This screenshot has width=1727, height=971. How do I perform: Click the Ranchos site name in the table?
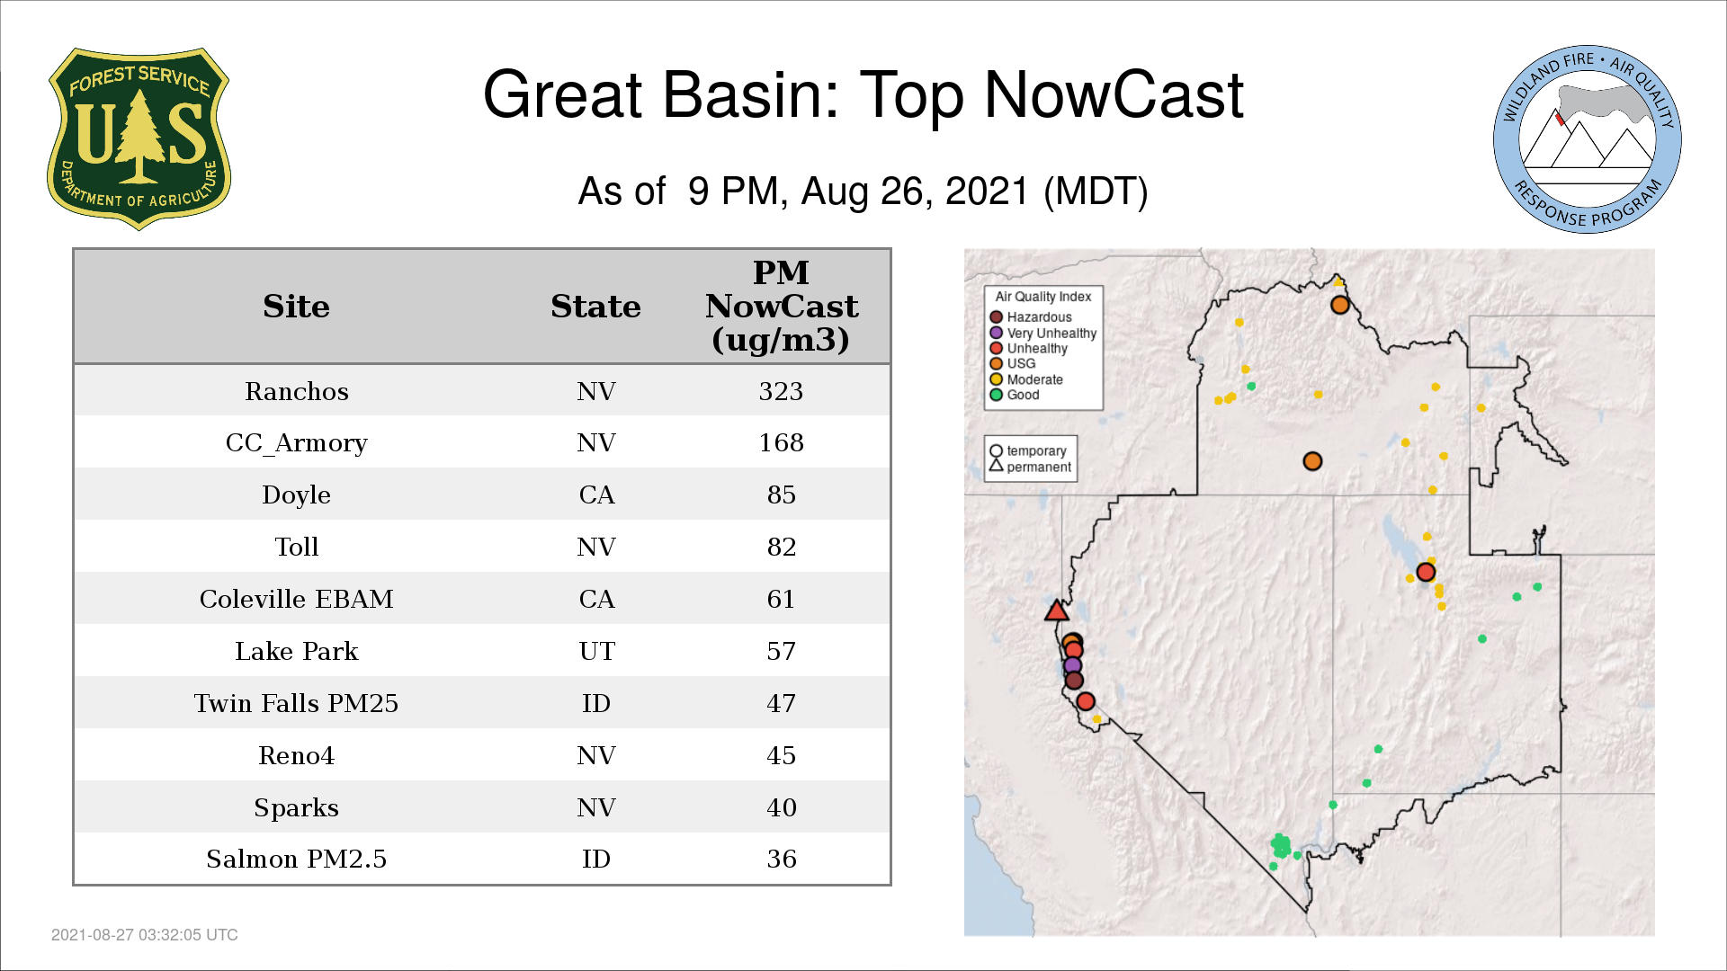(x=296, y=391)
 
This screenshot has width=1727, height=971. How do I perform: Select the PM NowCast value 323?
(x=781, y=391)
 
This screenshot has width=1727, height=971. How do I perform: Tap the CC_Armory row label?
(x=296, y=443)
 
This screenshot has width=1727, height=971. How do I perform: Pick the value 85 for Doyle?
(x=781, y=494)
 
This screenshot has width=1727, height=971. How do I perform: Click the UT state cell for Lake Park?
(x=596, y=651)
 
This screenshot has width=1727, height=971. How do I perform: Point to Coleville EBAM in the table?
(x=296, y=599)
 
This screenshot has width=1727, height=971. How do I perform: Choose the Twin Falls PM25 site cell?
(x=296, y=703)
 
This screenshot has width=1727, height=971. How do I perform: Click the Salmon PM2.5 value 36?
(x=781, y=859)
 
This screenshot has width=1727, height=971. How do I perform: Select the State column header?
(x=595, y=307)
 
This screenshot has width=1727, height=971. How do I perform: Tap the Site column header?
(x=296, y=307)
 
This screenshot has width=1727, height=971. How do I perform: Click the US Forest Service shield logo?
(x=139, y=139)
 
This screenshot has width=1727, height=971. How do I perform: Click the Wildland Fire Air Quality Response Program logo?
(x=1588, y=139)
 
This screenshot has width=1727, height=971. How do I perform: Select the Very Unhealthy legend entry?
(x=1043, y=333)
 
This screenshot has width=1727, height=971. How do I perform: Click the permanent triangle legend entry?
(x=1030, y=467)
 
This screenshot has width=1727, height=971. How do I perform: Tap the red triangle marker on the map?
(x=1057, y=611)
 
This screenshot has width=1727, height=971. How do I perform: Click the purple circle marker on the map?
(x=1072, y=666)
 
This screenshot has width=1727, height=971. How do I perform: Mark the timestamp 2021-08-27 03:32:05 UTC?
(x=145, y=935)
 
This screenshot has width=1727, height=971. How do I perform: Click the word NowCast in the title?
(x=1114, y=95)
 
